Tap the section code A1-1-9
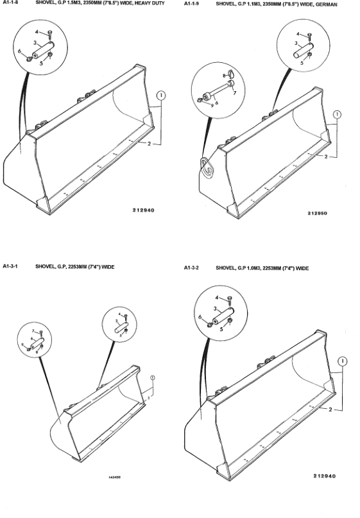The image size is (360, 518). (x=192, y=4)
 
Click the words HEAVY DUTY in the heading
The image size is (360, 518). (x=149, y=4)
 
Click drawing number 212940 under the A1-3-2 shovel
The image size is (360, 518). (x=326, y=476)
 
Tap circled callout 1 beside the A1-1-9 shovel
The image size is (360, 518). (x=338, y=114)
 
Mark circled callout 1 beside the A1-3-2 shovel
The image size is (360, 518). (x=344, y=361)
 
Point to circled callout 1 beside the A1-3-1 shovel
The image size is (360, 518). (x=153, y=377)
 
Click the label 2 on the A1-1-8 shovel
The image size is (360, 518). (x=149, y=144)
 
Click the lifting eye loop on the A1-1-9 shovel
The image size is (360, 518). (x=207, y=166)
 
